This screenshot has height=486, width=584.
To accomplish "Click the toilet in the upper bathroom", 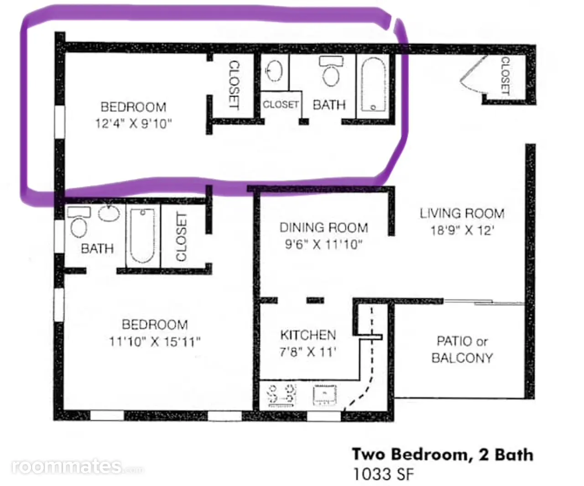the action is [x=331, y=71].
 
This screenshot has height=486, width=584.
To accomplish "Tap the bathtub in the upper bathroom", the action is [x=373, y=84].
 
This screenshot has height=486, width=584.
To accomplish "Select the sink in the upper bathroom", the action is [x=274, y=71].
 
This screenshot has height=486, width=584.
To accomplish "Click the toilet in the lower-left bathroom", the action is [x=79, y=222].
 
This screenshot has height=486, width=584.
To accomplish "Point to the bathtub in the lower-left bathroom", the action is [x=142, y=235].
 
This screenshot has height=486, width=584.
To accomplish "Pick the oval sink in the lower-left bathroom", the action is [x=109, y=213].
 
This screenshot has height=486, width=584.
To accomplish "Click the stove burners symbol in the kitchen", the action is [x=282, y=395].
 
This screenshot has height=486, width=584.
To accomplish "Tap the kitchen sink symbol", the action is [x=325, y=395].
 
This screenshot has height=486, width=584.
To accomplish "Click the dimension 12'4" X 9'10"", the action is [x=133, y=123].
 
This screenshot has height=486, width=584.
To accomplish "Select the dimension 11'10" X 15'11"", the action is [x=155, y=342].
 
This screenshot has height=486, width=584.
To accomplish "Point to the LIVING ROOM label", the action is [x=462, y=214].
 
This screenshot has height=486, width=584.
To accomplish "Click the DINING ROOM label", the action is [x=324, y=227].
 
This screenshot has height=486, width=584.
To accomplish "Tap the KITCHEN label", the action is [x=308, y=335].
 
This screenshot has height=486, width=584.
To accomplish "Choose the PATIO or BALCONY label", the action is [x=462, y=350].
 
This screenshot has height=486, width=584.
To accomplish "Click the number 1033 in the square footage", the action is [x=372, y=474].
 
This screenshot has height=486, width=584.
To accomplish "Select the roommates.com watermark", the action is [x=78, y=467].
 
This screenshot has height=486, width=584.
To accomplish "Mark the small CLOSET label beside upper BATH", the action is [x=281, y=105].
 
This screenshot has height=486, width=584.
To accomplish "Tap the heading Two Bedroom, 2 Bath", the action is [x=443, y=455].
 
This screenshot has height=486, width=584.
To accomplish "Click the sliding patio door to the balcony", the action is [x=484, y=302].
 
